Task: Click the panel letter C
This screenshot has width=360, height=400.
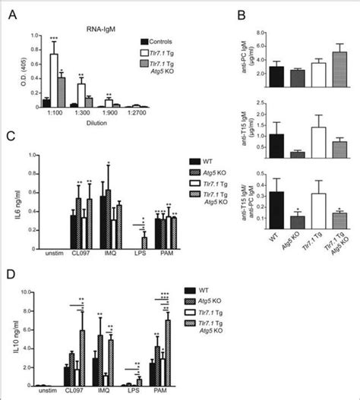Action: click(11, 138)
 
